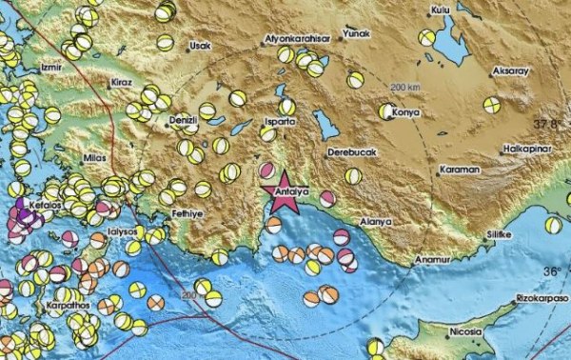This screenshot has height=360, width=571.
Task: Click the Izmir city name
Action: coord(52,68)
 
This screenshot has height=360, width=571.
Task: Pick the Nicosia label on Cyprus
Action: coord(441,333)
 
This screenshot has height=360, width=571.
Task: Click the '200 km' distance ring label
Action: coord(404,88)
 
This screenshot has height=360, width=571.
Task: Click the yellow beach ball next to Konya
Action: coord(386,112)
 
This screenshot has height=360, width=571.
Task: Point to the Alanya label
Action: coord(376,221)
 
